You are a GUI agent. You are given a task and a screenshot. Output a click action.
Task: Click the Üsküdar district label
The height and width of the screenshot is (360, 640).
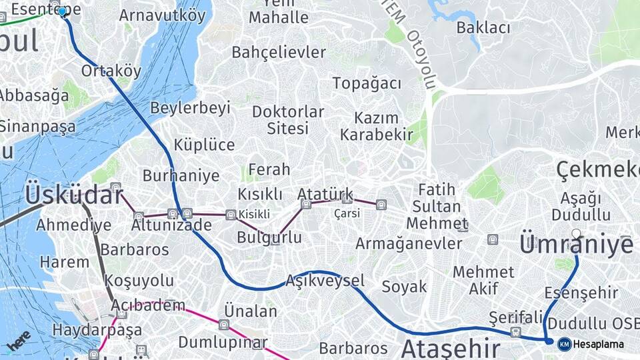[74, 195]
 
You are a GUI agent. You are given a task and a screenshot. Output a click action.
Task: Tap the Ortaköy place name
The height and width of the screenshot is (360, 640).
[111, 71]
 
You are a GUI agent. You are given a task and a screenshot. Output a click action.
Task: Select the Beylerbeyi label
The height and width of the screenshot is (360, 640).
[190, 107]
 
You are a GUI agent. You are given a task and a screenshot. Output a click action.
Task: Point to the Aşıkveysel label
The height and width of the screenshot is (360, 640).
[325, 281]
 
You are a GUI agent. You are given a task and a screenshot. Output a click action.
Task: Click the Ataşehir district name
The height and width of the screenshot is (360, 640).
[451, 348]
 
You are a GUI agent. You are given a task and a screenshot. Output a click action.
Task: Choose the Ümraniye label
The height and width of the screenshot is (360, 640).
[576, 245]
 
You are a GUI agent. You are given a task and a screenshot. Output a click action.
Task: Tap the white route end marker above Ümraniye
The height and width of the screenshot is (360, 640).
[576, 233]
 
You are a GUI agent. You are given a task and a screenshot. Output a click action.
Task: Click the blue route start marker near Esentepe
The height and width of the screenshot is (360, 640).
[63, 11]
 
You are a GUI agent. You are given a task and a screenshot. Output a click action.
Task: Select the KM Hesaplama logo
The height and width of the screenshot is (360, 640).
[591, 344]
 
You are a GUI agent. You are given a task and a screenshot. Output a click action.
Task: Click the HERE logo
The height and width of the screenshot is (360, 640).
[19, 340]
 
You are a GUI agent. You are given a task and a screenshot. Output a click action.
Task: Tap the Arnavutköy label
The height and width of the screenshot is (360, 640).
[163, 15]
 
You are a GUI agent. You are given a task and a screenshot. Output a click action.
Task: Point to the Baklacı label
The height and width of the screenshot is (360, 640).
[483, 28]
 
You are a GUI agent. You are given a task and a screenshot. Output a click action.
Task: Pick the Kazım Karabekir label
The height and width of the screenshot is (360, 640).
[377, 126]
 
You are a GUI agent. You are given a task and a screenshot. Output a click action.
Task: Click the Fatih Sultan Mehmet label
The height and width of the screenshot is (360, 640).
[437, 205]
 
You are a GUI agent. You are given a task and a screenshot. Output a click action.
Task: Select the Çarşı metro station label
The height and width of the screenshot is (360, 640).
[347, 213]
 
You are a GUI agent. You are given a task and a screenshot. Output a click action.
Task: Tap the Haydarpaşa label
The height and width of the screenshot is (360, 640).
[88, 330]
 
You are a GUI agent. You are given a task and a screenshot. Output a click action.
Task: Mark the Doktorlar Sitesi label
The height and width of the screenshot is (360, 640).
[288, 119]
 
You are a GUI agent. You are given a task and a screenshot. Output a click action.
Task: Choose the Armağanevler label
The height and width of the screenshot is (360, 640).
[409, 243]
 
